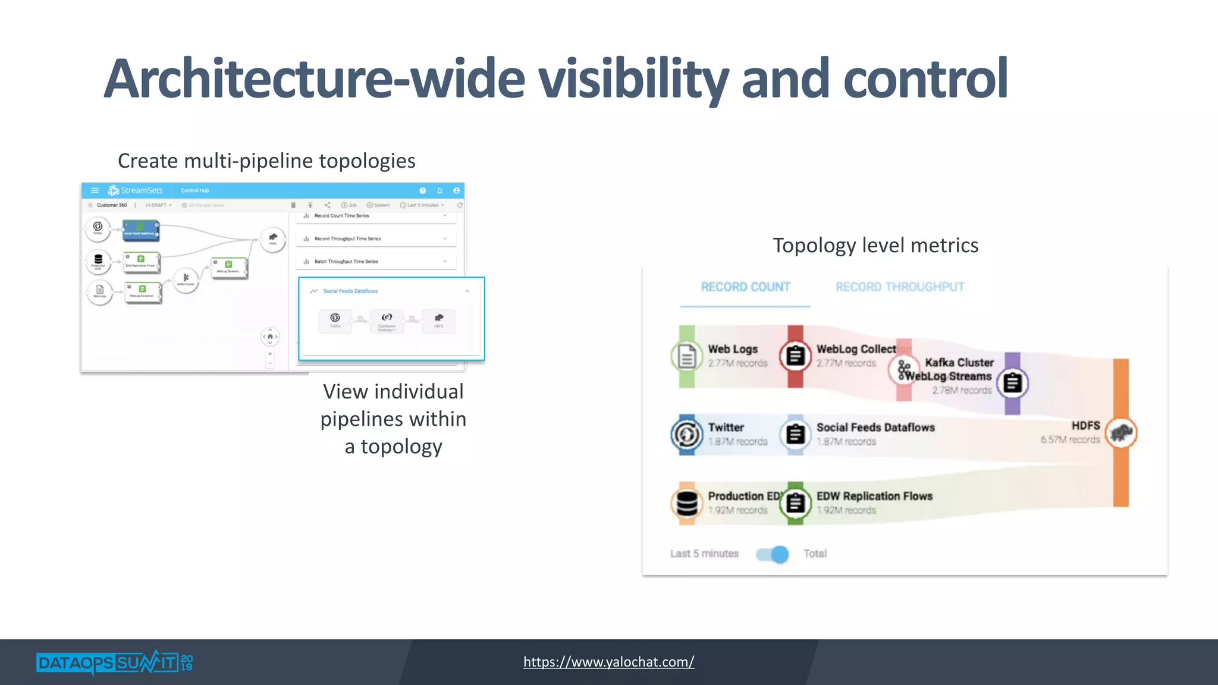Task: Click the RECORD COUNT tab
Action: point(745,287)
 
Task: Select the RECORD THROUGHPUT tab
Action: point(899,287)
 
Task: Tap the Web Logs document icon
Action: point(687,357)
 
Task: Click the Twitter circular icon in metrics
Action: point(687,435)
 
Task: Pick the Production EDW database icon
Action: point(687,503)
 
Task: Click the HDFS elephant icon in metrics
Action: point(1121,433)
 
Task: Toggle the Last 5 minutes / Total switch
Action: point(773,554)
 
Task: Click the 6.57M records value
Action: point(1070,440)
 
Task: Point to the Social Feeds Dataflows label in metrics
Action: point(875,428)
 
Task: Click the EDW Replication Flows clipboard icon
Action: point(795,503)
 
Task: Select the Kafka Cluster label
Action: point(959,363)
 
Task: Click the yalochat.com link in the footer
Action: point(608,662)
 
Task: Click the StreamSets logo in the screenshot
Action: point(136,190)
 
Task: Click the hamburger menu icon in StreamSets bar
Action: point(95,190)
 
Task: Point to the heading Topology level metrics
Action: point(875,246)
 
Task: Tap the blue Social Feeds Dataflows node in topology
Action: point(141,230)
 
